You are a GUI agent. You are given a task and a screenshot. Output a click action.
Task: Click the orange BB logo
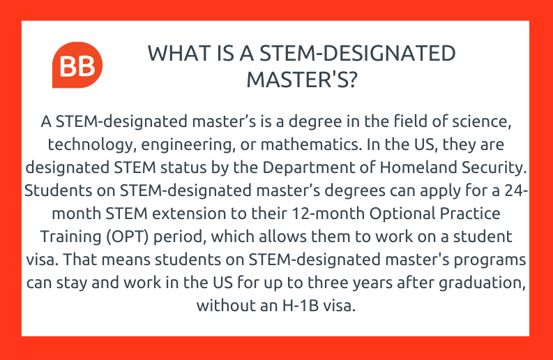77,65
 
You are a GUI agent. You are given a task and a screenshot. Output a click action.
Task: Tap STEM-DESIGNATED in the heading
358,54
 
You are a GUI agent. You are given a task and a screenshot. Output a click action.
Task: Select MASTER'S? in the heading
302,80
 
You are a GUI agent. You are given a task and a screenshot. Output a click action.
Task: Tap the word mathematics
311,144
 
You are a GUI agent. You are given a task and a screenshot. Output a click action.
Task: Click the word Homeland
418,167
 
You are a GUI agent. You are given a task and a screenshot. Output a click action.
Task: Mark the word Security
494,168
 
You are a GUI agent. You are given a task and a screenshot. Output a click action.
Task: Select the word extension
189,213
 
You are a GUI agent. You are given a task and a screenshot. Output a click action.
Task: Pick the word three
328,283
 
